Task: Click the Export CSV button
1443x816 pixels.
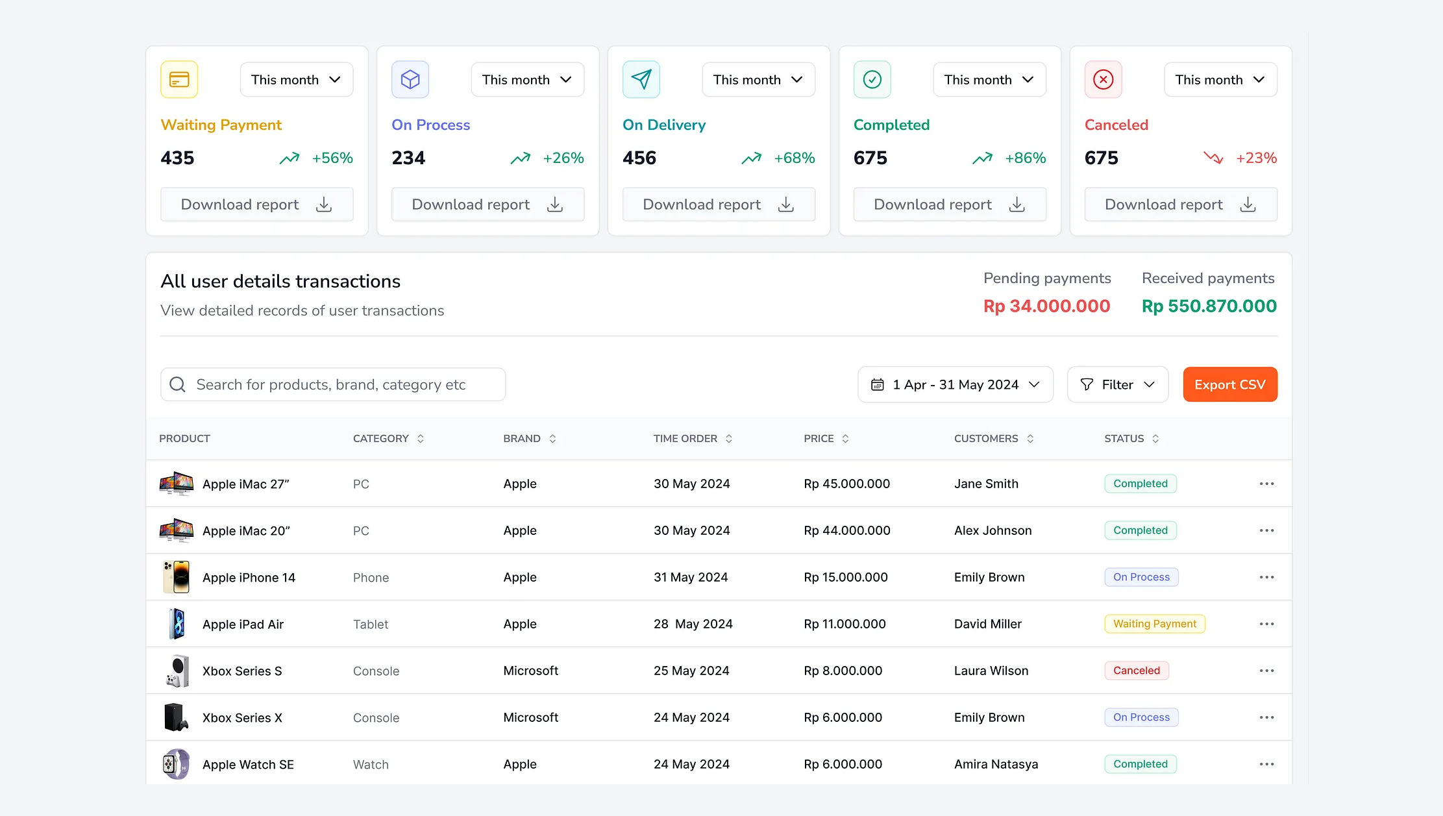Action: point(1229,384)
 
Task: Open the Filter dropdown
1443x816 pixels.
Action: point(1117,384)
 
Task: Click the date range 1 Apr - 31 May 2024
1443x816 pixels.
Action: point(955,384)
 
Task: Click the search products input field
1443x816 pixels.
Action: point(332,384)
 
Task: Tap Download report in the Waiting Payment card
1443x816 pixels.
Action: point(256,204)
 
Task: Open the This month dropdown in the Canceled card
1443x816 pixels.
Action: point(1220,79)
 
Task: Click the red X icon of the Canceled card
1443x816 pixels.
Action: point(1103,79)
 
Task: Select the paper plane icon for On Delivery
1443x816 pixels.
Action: point(641,79)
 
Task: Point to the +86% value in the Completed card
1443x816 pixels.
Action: point(1025,158)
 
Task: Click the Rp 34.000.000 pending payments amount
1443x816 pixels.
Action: point(1046,306)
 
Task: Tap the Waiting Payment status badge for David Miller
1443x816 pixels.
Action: point(1154,624)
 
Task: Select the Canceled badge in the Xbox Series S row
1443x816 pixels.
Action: point(1136,671)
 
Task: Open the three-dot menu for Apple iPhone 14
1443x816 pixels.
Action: point(1266,577)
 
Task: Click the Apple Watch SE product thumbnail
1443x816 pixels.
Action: point(176,764)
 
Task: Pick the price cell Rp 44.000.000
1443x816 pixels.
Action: point(846,530)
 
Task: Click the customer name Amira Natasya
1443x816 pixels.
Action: point(996,764)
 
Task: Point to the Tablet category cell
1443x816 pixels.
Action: point(370,624)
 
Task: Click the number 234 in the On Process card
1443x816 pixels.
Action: point(408,158)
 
